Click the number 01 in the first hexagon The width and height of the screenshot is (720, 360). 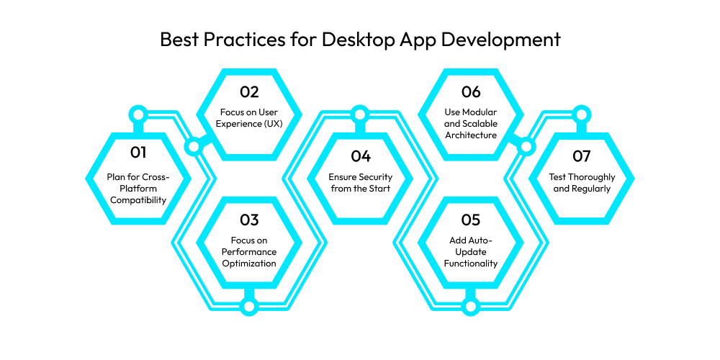(x=138, y=152)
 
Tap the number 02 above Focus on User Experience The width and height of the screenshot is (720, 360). (x=249, y=92)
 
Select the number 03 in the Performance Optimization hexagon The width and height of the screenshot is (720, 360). (x=249, y=220)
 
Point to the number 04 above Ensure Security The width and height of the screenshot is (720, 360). (x=361, y=156)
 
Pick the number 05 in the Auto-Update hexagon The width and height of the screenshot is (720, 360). (x=471, y=220)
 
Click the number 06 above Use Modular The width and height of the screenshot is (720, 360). (x=471, y=92)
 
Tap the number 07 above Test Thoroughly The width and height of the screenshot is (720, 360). (x=581, y=156)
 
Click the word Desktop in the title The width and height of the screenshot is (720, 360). (x=357, y=40)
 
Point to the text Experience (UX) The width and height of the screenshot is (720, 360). (x=249, y=124)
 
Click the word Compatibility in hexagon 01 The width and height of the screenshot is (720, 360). (x=138, y=200)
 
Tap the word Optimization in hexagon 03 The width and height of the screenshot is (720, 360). (x=249, y=264)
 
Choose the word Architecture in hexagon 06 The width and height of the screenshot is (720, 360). (x=471, y=135)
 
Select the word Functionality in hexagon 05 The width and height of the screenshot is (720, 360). (x=471, y=264)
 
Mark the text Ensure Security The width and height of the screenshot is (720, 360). (x=361, y=177)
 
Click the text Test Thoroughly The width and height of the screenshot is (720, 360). (x=581, y=177)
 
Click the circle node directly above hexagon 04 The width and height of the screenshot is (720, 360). (x=360, y=114)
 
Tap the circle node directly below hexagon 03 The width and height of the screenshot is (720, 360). (x=249, y=306)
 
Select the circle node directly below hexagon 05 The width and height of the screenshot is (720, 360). (x=470, y=306)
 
